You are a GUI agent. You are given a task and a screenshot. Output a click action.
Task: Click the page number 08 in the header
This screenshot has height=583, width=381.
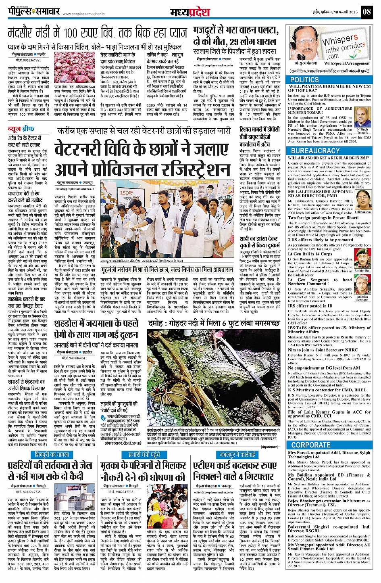tap(366, 12)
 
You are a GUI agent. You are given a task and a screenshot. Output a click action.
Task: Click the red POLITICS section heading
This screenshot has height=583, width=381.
tap(304, 80)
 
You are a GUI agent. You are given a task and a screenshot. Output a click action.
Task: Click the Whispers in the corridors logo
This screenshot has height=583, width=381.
tap(343, 46)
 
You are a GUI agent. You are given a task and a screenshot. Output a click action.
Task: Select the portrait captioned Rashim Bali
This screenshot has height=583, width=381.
tap(362, 260)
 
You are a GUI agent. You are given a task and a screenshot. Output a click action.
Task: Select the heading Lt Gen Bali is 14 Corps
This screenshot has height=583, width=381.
tap(310, 254)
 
